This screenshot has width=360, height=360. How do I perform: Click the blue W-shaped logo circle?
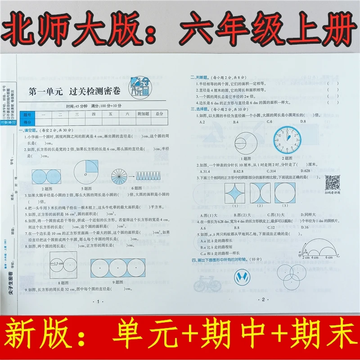(243, 275)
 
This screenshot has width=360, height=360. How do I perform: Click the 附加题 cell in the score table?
(143, 115)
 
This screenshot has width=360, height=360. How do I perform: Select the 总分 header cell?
(159, 115)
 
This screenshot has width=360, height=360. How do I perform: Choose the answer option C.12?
(270, 228)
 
